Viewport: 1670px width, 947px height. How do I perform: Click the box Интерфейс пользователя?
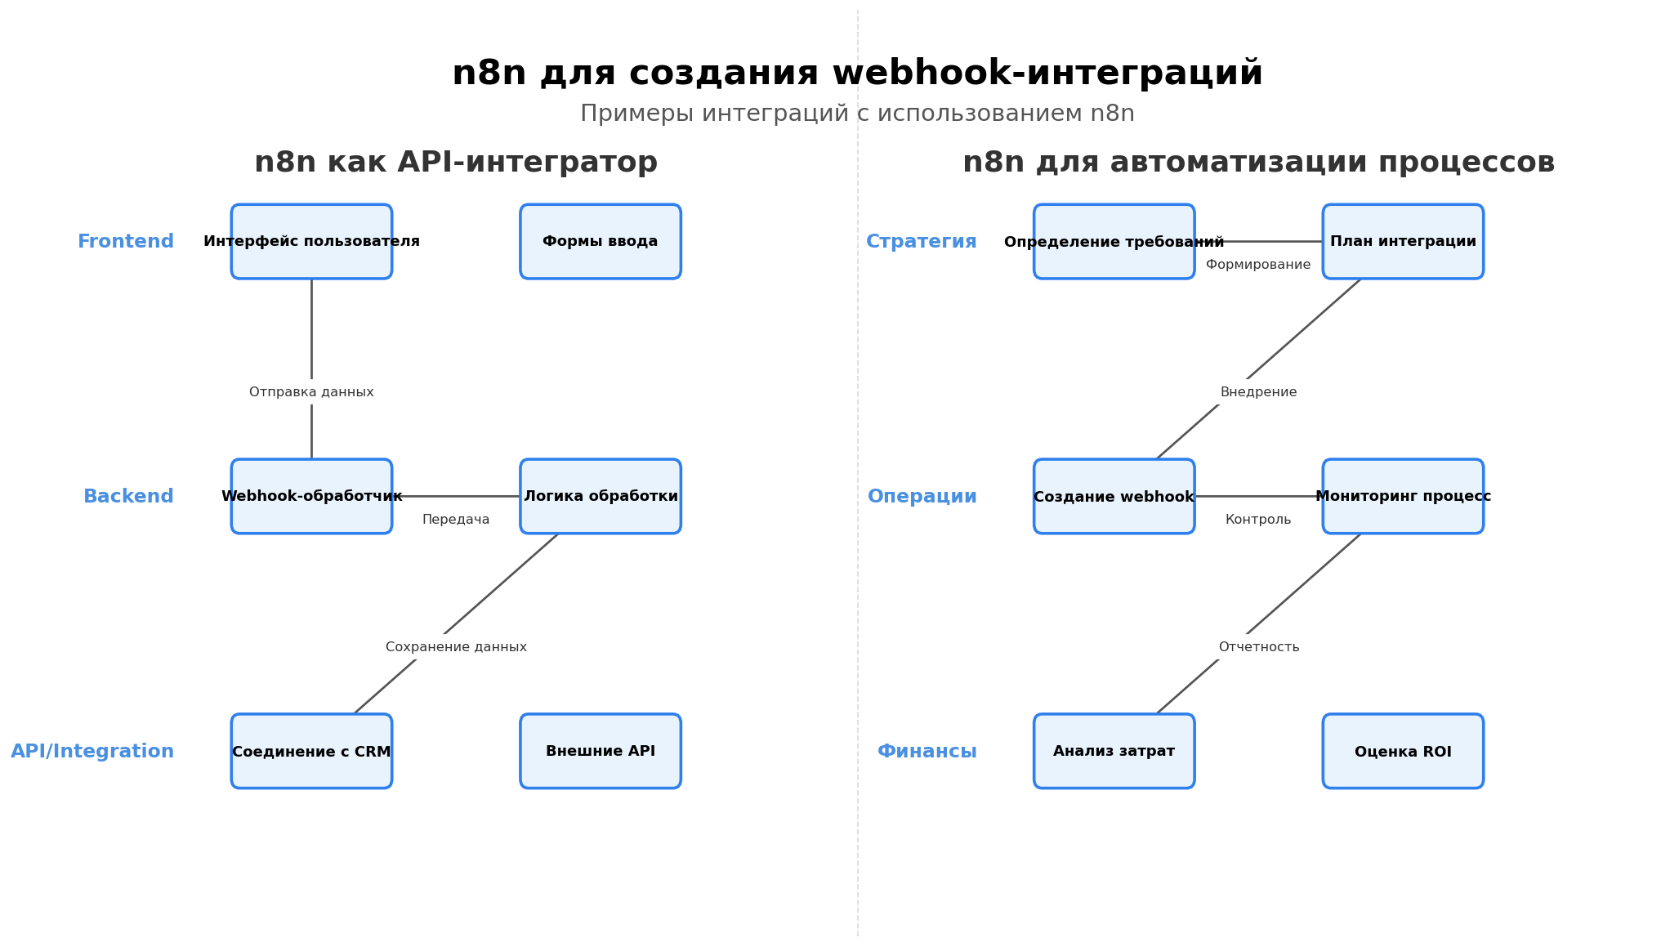[311, 241]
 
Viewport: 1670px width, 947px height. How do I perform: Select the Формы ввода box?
[601, 241]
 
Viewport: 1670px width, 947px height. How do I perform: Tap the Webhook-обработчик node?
[311, 496]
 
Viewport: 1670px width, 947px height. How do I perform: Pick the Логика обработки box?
[601, 496]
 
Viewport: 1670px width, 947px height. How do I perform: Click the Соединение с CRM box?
[311, 751]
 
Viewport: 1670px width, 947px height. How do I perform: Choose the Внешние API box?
[601, 751]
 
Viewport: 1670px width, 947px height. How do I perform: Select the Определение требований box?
[1114, 241]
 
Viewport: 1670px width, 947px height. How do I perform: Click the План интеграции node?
[1403, 241]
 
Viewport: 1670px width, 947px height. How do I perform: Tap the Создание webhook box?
[1114, 496]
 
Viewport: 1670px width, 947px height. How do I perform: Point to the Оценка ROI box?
[1403, 751]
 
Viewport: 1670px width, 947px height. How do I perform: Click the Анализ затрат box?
[1114, 751]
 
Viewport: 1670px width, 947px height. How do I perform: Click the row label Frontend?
[126, 242]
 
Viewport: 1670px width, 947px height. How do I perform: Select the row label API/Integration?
[92, 752]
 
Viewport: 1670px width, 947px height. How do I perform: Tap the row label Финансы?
[927, 752]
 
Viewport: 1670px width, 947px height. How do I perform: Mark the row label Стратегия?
[921, 242]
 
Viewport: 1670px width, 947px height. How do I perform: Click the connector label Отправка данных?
[311, 392]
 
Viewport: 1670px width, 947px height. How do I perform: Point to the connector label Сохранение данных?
[456, 647]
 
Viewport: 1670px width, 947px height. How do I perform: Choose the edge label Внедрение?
[1258, 392]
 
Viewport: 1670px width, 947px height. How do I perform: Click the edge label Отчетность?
[1258, 647]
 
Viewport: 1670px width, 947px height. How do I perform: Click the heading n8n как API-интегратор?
[456, 163]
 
